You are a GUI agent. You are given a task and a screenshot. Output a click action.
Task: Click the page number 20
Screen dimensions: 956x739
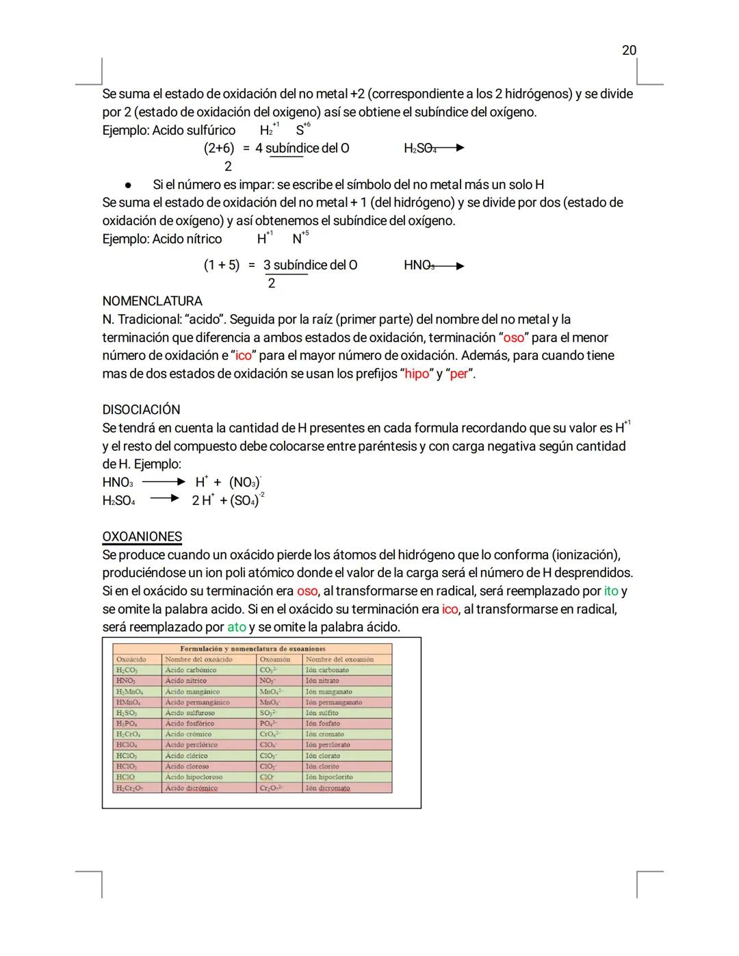629,50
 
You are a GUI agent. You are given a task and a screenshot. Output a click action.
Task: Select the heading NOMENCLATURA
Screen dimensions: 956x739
152,301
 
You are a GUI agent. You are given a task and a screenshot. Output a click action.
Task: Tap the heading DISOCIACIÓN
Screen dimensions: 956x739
141,410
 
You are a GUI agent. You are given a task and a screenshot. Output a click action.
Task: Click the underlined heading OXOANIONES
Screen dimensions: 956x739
142,537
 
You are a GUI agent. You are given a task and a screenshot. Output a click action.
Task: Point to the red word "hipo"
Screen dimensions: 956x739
417,374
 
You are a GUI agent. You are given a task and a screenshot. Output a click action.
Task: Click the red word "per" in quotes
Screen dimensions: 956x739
459,374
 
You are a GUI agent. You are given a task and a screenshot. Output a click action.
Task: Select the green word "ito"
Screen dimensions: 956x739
610,591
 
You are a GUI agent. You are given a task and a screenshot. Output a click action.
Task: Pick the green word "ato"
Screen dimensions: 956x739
236,627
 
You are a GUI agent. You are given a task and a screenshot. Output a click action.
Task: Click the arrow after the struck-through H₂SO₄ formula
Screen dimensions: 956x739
452,148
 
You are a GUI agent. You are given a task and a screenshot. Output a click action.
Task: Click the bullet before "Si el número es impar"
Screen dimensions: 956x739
128,185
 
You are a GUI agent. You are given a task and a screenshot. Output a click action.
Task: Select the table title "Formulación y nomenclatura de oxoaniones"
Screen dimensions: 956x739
252,648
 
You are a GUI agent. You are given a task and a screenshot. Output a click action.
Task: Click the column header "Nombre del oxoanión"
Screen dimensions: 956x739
339,659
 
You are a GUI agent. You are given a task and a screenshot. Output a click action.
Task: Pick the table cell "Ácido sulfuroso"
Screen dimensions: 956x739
190,712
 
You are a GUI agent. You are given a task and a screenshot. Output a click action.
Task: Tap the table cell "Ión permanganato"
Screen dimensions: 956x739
334,702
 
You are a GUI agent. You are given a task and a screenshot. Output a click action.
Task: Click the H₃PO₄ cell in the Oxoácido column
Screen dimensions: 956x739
127,723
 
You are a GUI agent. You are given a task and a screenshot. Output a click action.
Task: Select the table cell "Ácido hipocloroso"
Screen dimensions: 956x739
194,777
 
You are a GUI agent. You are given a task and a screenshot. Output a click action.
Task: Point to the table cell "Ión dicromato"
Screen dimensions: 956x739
328,788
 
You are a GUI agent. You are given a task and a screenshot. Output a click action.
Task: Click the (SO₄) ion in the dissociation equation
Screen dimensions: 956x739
246,500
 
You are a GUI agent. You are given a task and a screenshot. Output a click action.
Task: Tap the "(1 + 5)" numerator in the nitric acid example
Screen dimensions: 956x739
222,266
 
